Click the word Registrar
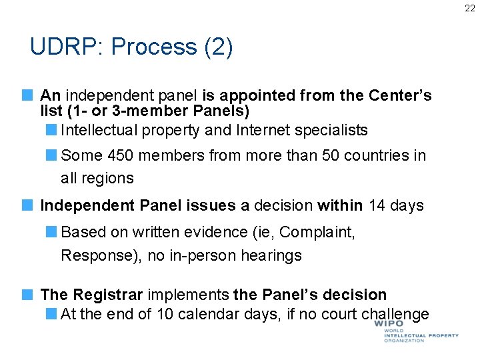(108, 295)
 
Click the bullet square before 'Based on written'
(52, 232)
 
